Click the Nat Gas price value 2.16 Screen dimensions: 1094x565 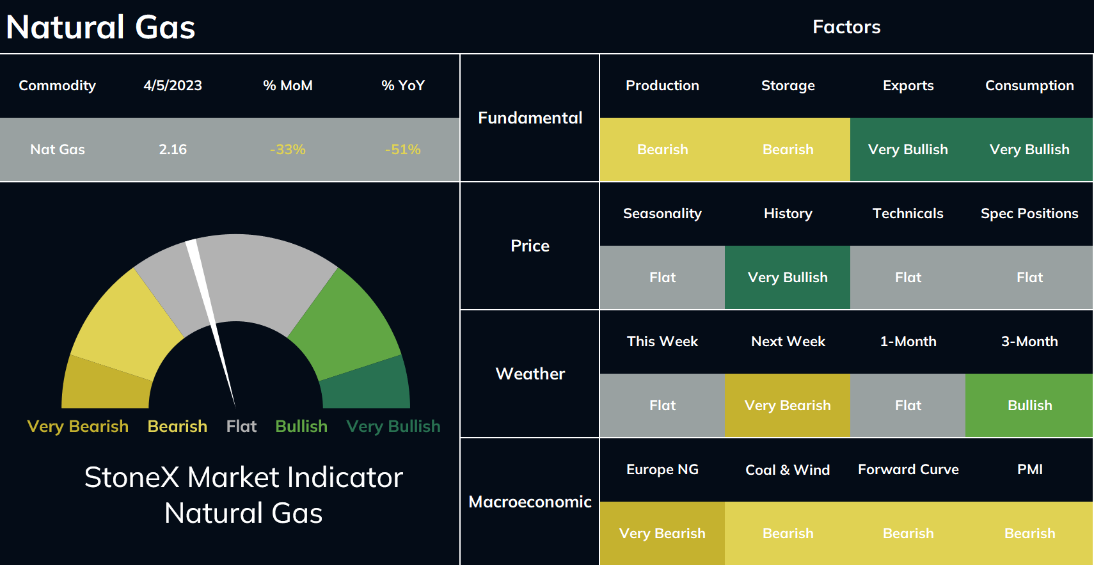[173, 150]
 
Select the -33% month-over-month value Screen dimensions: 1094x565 [288, 150]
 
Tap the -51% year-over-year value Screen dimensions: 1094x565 [403, 150]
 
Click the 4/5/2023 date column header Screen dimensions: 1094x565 [173, 86]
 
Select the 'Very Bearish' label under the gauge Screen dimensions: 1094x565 [78, 426]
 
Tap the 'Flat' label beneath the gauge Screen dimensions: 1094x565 [241, 426]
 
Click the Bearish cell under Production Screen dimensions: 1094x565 [662, 150]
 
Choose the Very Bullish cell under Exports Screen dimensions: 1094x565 [908, 150]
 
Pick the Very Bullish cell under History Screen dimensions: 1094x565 [788, 277]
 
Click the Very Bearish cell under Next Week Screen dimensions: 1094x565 [788, 405]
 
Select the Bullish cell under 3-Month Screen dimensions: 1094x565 [1029, 405]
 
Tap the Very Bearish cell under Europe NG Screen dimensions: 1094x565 [662, 533]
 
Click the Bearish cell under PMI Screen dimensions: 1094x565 [1029, 533]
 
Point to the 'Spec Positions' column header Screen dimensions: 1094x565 [1029, 214]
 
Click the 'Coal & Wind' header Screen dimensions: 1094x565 [788, 470]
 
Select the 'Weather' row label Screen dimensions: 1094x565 [530, 374]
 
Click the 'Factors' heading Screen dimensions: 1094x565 [846, 27]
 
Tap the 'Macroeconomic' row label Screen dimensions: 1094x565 [530, 502]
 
